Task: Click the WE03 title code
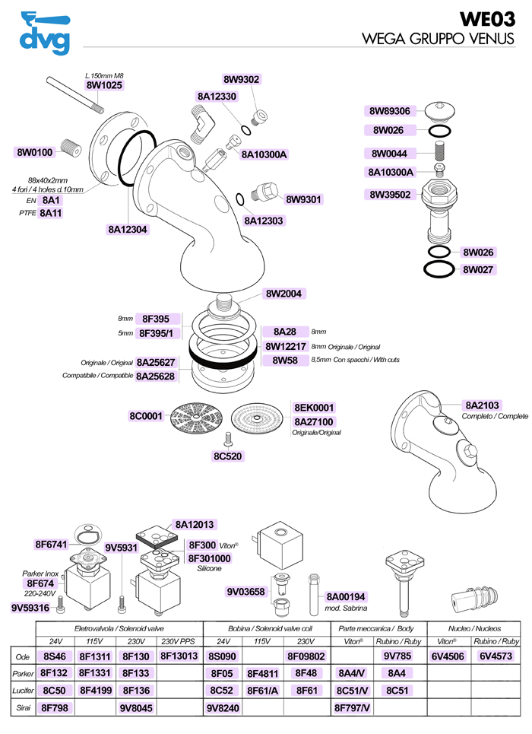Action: (x=487, y=19)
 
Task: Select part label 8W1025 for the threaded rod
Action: (x=103, y=86)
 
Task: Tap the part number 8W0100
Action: (x=35, y=152)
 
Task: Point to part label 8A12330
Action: (x=217, y=97)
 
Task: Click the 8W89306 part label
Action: (x=390, y=111)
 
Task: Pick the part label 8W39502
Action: (x=390, y=194)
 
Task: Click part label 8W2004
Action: (x=286, y=294)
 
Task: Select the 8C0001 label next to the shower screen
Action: (x=146, y=416)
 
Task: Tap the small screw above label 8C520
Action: (x=227, y=437)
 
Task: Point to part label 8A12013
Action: (x=195, y=524)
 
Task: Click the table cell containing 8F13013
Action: (x=179, y=656)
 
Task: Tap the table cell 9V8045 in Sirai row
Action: (x=137, y=708)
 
